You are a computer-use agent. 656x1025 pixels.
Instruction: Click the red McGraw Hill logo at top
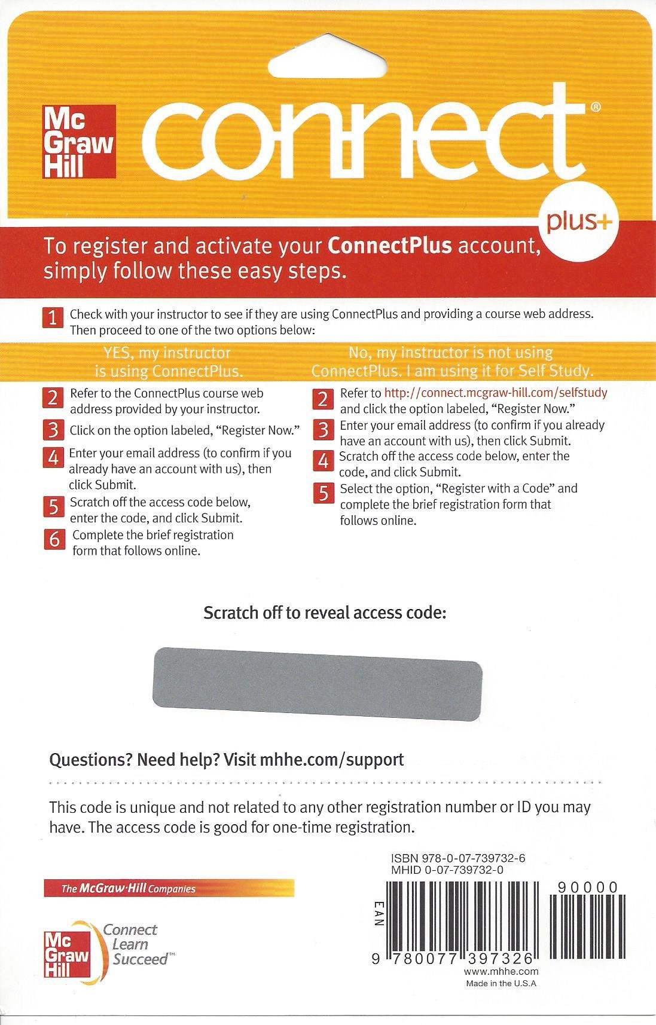[x=78, y=142]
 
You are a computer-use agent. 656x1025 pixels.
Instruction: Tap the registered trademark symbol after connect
[x=595, y=108]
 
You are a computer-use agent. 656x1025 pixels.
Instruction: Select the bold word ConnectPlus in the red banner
[x=389, y=246]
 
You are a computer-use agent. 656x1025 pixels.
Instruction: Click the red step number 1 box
[x=53, y=317]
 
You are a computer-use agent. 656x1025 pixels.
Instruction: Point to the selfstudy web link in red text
[x=495, y=393]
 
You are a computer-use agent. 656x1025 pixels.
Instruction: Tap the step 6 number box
[x=54, y=539]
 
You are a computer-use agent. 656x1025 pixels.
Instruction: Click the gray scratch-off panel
[x=318, y=683]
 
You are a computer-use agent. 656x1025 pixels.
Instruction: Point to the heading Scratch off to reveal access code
[x=325, y=613]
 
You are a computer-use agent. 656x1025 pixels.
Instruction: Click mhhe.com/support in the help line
[x=332, y=760]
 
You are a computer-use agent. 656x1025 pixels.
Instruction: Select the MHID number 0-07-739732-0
[x=463, y=870]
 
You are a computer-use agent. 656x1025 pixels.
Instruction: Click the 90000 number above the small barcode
[x=587, y=888]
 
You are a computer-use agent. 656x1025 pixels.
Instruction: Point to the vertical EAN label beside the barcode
[x=377, y=914]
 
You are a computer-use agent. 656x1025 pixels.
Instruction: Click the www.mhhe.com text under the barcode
[x=501, y=972]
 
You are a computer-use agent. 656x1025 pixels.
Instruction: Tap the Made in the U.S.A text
[x=501, y=983]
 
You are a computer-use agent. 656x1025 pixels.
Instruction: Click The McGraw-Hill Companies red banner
[x=169, y=889]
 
